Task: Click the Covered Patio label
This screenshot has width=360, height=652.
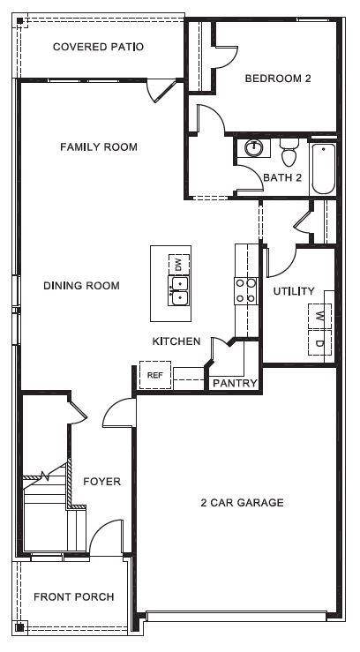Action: click(x=98, y=47)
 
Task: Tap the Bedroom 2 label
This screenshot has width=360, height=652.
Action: click(x=278, y=79)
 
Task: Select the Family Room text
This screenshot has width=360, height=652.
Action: click(x=99, y=146)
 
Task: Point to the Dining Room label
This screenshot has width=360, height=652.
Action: click(x=81, y=286)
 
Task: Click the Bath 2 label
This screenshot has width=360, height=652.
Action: click(x=282, y=178)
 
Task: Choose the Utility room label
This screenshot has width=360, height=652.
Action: click(x=294, y=291)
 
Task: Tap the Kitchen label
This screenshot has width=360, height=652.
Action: click(x=176, y=341)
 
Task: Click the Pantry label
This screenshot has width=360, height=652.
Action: click(x=235, y=383)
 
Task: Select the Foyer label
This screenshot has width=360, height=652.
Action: click(x=101, y=482)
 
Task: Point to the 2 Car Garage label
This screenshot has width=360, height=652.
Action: click(x=242, y=503)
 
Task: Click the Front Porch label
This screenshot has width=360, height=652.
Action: click(x=74, y=597)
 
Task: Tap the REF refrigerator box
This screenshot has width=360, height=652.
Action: click(x=155, y=375)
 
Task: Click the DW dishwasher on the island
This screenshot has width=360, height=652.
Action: click(x=178, y=263)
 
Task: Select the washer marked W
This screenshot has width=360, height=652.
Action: click(x=319, y=316)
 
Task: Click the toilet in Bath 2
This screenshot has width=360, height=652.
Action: click(x=288, y=156)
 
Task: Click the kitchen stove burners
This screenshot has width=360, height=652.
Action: click(x=245, y=290)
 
